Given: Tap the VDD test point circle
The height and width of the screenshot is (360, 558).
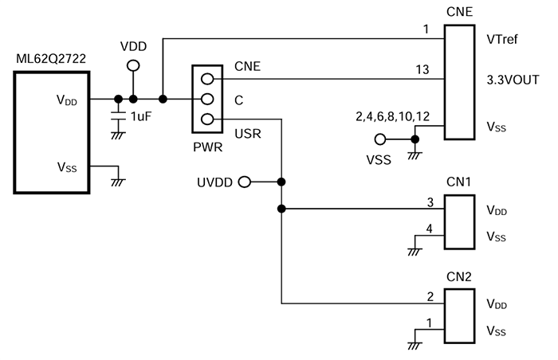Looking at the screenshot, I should (x=133, y=65).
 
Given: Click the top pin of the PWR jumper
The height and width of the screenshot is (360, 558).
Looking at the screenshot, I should (x=207, y=79).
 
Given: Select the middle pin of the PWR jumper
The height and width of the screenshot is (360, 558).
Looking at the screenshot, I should (x=207, y=100).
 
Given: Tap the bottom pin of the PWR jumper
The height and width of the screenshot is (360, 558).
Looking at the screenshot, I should (x=207, y=119).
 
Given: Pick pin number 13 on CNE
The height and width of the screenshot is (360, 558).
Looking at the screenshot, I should (x=423, y=70).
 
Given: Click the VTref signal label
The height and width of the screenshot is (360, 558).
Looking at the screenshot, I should (x=501, y=38).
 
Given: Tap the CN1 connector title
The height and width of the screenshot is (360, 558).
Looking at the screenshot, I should (x=458, y=182).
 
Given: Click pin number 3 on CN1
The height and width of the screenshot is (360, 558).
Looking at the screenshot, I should (x=429, y=202).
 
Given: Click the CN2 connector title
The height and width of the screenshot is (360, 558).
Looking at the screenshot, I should (x=458, y=276).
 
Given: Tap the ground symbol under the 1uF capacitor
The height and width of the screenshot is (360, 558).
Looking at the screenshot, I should (x=118, y=135).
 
